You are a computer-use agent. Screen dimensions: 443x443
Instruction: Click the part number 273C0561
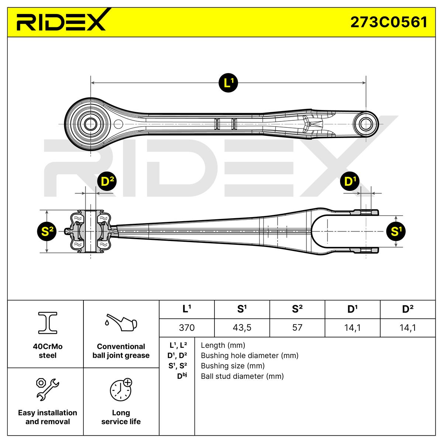pyautogui.click(x=388, y=22)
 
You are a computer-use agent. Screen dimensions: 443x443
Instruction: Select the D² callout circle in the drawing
pyautogui.click(x=106, y=182)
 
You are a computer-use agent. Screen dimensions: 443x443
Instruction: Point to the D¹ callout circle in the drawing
pyautogui.click(x=351, y=182)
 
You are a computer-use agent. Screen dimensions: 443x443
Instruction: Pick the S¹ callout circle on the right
pyautogui.click(x=396, y=231)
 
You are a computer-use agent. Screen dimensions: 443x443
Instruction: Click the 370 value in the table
pyautogui.click(x=186, y=327)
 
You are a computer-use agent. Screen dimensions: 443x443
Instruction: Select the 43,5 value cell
pyautogui.click(x=242, y=327)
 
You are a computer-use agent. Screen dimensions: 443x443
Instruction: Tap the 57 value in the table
pyautogui.click(x=297, y=327)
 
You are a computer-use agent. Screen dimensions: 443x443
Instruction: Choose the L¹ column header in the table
pyautogui.click(x=186, y=309)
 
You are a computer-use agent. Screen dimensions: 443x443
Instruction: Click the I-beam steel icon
pyautogui.click(x=48, y=322)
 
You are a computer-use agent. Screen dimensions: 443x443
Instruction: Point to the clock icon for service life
pyautogui.click(x=121, y=389)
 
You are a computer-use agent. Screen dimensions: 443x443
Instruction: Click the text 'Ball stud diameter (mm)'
pyautogui.click(x=242, y=376)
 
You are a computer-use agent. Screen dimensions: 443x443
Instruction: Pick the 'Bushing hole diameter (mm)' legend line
pyautogui.click(x=250, y=356)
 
